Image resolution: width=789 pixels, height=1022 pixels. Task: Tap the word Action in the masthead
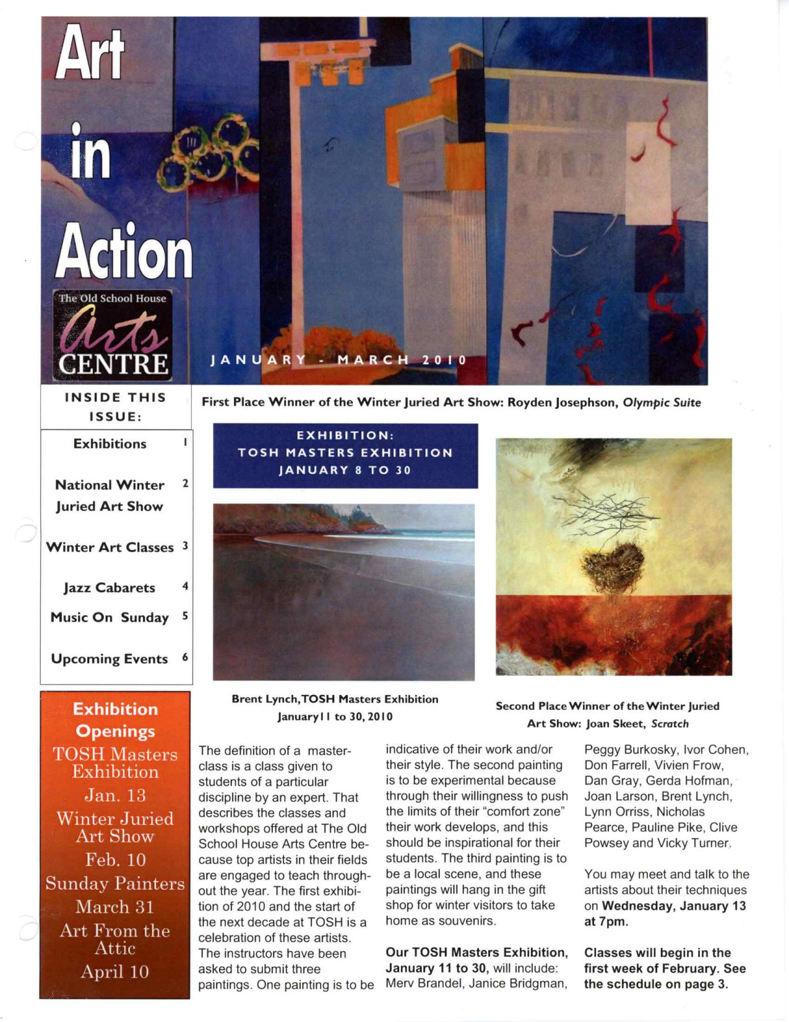tap(124, 253)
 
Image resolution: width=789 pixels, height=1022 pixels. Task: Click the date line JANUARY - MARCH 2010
tap(338, 360)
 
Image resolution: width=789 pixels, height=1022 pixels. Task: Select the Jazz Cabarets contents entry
tap(110, 588)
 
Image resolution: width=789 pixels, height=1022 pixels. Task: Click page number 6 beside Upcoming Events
tap(185, 658)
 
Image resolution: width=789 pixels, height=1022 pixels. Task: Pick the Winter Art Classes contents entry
tap(110, 548)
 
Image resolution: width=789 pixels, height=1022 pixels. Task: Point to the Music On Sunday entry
tap(110, 618)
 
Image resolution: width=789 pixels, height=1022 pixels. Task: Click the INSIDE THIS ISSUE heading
tap(116, 406)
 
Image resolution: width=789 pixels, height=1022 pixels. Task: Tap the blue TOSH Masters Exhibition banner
tap(345, 455)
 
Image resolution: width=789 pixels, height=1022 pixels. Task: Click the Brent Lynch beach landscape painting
tap(343, 592)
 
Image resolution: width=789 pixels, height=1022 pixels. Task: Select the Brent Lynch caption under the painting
tap(335, 707)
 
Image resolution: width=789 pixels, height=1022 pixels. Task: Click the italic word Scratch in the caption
tap(670, 723)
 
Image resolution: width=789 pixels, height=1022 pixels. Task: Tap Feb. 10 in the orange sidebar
tap(116, 860)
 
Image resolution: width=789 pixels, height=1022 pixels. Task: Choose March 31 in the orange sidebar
tap(115, 907)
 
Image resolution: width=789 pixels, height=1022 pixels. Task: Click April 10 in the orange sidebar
tap(115, 972)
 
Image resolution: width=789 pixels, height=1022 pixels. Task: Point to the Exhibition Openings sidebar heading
tap(116, 720)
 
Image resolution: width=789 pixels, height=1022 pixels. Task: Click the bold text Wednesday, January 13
tap(674, 906)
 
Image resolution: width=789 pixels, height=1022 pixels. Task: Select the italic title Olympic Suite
tap(662, 403)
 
